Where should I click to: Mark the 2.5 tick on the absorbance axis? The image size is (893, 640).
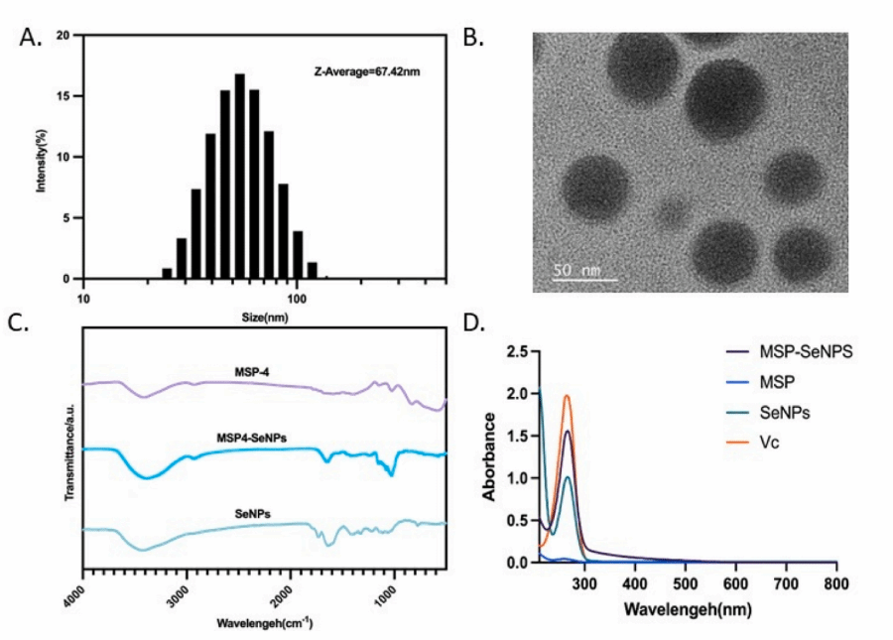coord(516,352)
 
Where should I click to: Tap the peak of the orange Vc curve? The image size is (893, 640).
coord(567,396)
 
